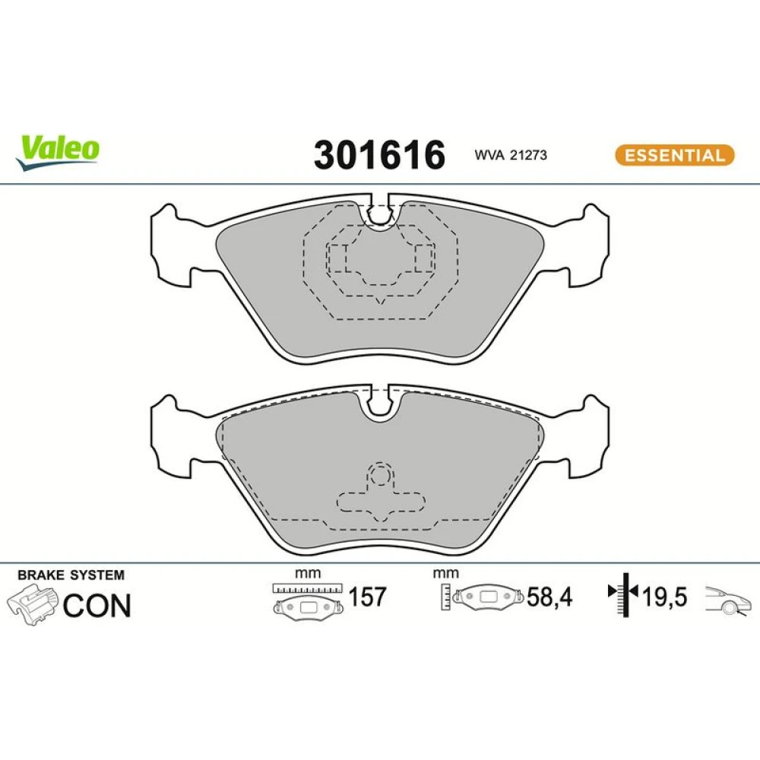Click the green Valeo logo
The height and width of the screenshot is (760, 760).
(57, 152)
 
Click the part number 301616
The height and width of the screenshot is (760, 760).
(379, 155)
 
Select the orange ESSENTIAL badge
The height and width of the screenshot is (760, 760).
(675, 155)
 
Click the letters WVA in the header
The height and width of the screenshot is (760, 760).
(489, 155)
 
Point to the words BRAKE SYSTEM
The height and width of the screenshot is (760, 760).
(71, 575)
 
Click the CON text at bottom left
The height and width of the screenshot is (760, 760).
(97, 606)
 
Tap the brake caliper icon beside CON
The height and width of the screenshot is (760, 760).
(33, 604)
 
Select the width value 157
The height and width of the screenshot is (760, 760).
(367, 597)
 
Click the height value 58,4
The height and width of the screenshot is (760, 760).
(549, 597)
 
